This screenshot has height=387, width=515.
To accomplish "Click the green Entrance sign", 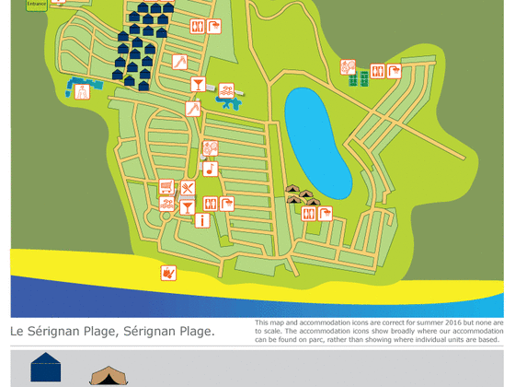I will [x=36, y=4].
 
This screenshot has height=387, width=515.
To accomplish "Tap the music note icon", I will [x=210, y=168].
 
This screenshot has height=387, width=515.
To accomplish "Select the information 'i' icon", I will [x=202, y=220].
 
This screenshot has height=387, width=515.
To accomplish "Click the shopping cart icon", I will [x=166, y=187].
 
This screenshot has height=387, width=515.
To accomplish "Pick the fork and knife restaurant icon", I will [x=188, y=188].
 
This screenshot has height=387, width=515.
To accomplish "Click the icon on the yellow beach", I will [x=167, y=272].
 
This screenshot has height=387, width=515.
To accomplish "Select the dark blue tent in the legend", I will [x=45, y=369].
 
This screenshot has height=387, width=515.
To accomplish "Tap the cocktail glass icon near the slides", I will [x=198, y=85].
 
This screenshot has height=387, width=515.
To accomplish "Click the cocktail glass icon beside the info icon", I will [x=188, y=206].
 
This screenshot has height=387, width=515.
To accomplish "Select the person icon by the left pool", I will [x=82, y=90].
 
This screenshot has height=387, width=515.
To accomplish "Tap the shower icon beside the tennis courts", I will [x=394, y=71].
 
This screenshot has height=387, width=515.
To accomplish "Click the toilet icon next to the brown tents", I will [x=308, y=213].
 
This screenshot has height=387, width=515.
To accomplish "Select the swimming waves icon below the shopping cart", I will [x=166, y=204].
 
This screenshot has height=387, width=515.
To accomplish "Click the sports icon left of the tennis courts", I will [x=348, y=66].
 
